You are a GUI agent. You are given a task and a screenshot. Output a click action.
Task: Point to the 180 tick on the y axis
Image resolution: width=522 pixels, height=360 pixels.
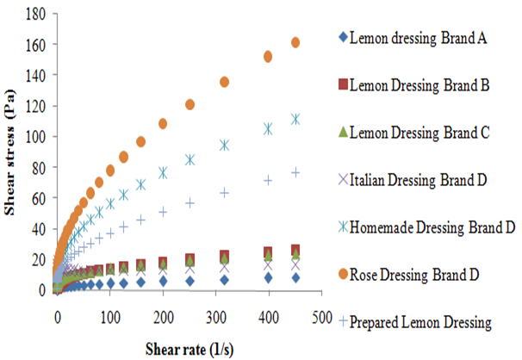33,13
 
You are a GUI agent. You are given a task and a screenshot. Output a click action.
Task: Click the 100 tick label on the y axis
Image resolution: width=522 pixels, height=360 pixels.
33,136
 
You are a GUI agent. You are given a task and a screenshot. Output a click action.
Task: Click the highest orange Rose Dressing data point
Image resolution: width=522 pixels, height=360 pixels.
295,42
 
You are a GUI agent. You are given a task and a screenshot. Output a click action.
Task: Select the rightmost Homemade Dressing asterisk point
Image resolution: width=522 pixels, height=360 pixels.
295,119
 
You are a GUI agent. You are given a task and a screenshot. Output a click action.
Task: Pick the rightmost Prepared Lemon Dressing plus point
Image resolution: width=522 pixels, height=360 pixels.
295,172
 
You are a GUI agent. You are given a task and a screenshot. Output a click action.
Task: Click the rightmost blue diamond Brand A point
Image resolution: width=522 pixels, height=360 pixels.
295,277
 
